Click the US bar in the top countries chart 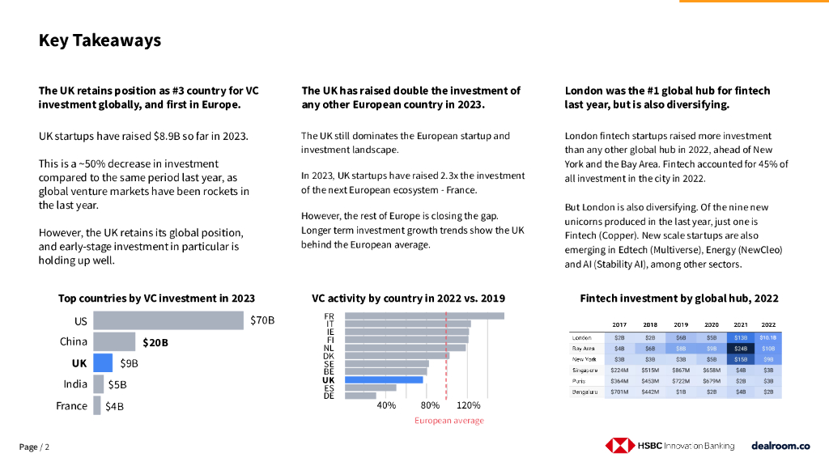[x=168, y=320]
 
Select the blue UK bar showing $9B [x=103, y=362]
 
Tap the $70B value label [x=262, y=320]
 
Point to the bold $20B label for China [x=155, y=342]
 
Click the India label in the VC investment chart [x=75, y=384]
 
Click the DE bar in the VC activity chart [x=360, y=396]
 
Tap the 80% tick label [x=430, y=405]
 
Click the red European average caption [x=449, y=421]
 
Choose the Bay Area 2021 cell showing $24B [x=740, y=348]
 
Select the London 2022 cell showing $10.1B [x=768, y=337]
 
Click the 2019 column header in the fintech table [x=681, y=324]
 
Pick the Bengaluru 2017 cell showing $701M [x=619, y=392]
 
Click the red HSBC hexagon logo [x=619, y=446]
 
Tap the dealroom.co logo [x=780, y=446]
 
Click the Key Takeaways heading [x=100, y=40]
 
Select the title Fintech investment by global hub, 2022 [x=678, y=299]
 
